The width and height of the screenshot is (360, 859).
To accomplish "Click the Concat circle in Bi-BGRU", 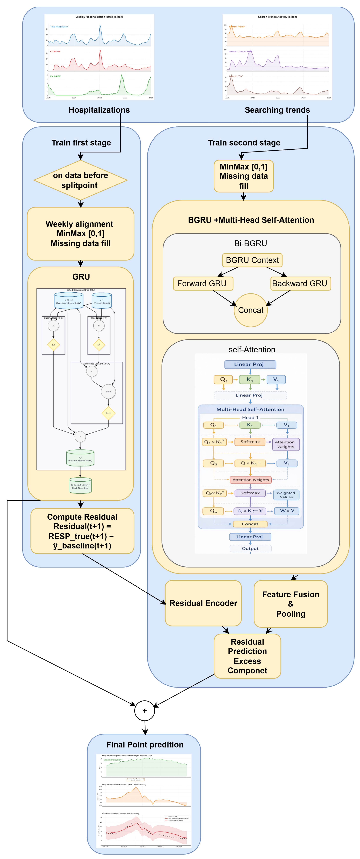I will pos(251,310).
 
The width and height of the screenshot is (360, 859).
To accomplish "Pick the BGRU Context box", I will pos(252,260).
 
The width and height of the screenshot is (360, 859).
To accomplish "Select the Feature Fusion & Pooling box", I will pos(291,604).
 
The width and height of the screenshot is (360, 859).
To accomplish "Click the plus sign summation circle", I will pos(144,711).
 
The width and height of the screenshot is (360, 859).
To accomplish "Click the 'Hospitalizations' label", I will pos(99,110).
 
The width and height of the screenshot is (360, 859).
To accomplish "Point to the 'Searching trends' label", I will pos(277,110).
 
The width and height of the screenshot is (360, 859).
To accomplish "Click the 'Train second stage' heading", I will pos(244,143).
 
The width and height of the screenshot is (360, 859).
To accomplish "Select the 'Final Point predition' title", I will pos(145,745).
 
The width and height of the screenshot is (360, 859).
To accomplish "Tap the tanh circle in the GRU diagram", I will pos(109,392).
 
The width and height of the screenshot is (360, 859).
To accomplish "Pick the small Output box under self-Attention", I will pos(250,548).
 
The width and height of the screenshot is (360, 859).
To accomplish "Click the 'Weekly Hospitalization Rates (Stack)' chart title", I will pos(99,17).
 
